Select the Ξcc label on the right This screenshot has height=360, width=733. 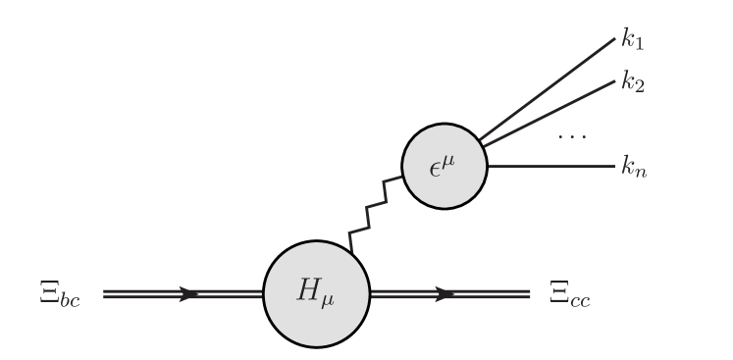[x=570, y=295]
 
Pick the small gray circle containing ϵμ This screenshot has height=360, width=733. [x=445, y=166]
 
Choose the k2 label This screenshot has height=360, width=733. [x=632, y=82]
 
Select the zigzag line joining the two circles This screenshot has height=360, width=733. [x=376, y=211]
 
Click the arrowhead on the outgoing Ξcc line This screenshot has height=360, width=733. [x=445, y=293]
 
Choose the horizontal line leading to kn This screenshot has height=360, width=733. [x=550, y=166]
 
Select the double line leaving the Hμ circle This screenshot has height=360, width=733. [x=491, y=293]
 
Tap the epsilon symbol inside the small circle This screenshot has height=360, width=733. [x=436, y=168]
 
